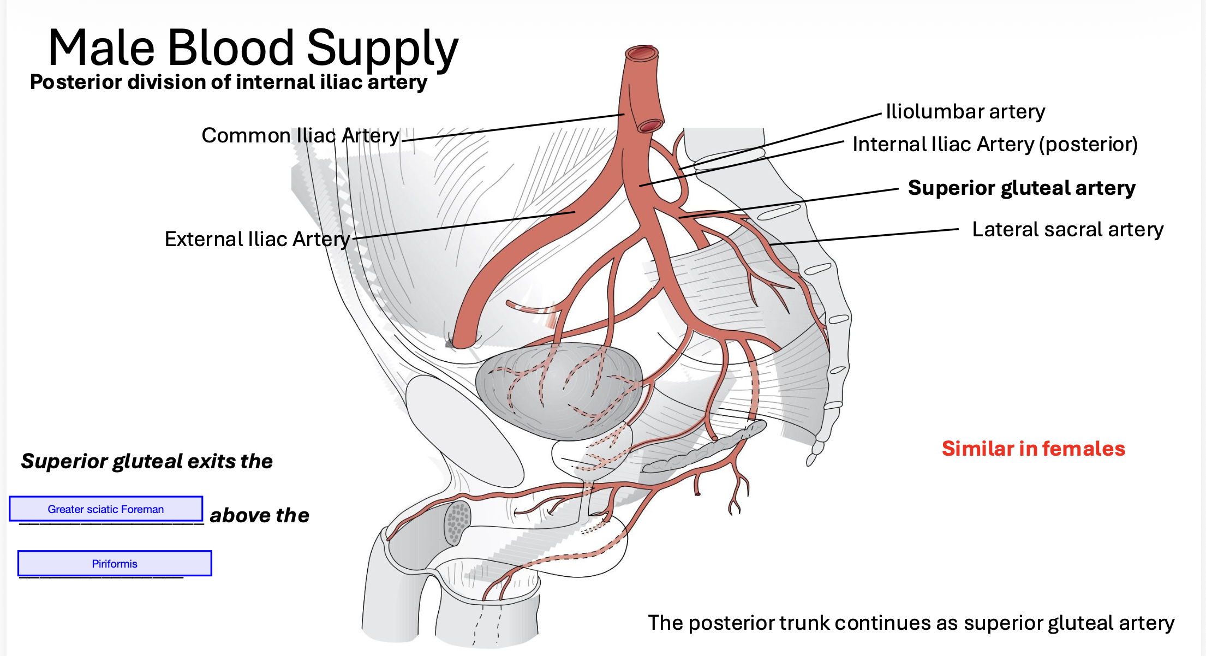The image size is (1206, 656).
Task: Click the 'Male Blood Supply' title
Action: click(253, 48)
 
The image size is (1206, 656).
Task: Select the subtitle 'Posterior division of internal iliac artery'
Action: click(229, 82)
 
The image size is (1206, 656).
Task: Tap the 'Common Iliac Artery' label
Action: click(300, 135)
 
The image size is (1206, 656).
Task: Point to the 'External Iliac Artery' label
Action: click(257, 239)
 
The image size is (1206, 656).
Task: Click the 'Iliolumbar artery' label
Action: click(965, 111)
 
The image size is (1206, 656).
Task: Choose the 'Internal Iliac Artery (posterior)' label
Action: click(995, 144)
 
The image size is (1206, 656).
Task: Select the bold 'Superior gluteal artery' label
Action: click(1021, 188)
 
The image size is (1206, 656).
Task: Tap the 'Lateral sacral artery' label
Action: click(1067, 229)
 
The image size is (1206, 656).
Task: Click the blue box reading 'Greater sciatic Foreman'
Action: click(106, 509)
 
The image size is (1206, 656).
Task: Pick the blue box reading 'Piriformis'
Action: click(115, 563)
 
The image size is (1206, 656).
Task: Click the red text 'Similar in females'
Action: click(1033, 449)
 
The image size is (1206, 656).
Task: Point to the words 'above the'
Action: click(259, 515)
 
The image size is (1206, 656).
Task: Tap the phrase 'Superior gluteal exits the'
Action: click(147, 461)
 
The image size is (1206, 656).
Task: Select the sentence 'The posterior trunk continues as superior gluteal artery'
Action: click(911, 623)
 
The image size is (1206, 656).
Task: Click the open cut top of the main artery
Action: click(642, 53)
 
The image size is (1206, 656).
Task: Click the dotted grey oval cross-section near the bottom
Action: click(457, 523)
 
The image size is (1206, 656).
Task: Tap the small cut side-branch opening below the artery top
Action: click(650, 126)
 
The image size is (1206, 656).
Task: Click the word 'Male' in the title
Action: click(102, 48)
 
